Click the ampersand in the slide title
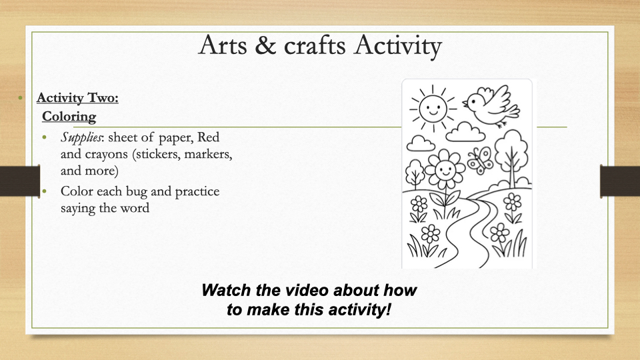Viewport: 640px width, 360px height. pos(265,45)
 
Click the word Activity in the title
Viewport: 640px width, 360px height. pos(398,47)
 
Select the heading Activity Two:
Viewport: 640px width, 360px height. pos(77,98)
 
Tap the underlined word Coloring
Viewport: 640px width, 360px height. pos(69,117)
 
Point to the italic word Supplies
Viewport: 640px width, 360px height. pos(81,137)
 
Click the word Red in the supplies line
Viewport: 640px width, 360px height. pos(208,137)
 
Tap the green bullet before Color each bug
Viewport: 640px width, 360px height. pos(45,191)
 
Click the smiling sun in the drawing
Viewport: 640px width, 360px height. pos(433,108)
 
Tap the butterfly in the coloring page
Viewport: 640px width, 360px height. pos(481,160)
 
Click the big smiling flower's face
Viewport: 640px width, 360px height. pos(445,169)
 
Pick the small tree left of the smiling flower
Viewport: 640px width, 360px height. pos(415,174)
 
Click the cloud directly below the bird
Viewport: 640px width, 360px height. pos(465,132)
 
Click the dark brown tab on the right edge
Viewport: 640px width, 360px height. pos(619,181)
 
